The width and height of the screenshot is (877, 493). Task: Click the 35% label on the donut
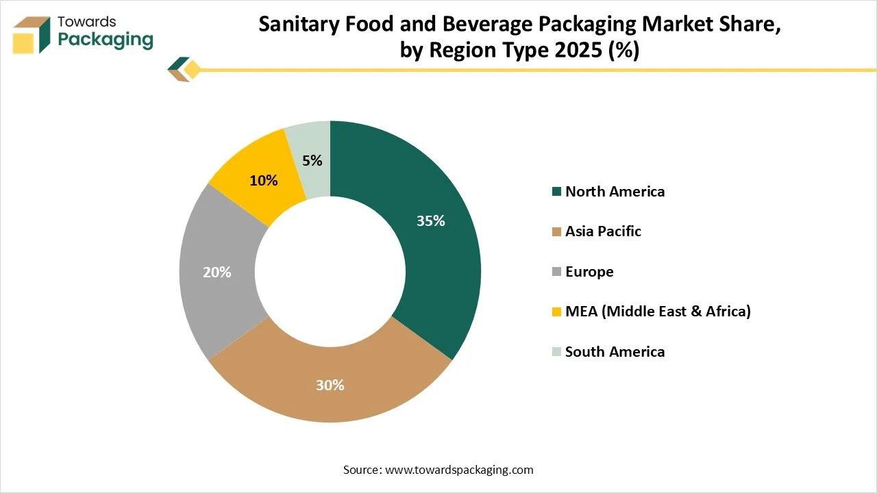pos(431,221)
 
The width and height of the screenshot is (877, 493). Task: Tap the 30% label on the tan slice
pos(330,385)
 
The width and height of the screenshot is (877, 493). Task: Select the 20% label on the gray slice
pos(217,273)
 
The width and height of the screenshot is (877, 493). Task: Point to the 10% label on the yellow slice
pos(264,181)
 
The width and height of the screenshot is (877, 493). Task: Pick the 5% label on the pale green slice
pos(312,161)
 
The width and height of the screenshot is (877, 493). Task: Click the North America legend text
pos(615,192)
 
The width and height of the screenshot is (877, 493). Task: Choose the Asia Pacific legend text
pos(603,231)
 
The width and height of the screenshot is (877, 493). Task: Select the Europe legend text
pos(589,272)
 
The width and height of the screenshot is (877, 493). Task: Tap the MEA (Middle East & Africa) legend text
pos(658,312)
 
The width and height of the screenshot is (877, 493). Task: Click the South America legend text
pos(615,352)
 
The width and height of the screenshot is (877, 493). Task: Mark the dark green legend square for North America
pos(556,192)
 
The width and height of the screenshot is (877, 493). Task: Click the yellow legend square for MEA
pos(556,312)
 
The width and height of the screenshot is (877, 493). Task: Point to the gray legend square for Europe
pos(556,272)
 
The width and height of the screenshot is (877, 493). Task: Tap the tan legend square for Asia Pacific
pos(556,231)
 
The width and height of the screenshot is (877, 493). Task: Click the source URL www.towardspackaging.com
pos(459,470)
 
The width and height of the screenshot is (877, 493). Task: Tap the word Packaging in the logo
pos(106,40)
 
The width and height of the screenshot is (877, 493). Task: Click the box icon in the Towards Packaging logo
pos(32,34)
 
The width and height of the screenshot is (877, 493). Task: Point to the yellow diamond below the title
pos(192,69)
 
